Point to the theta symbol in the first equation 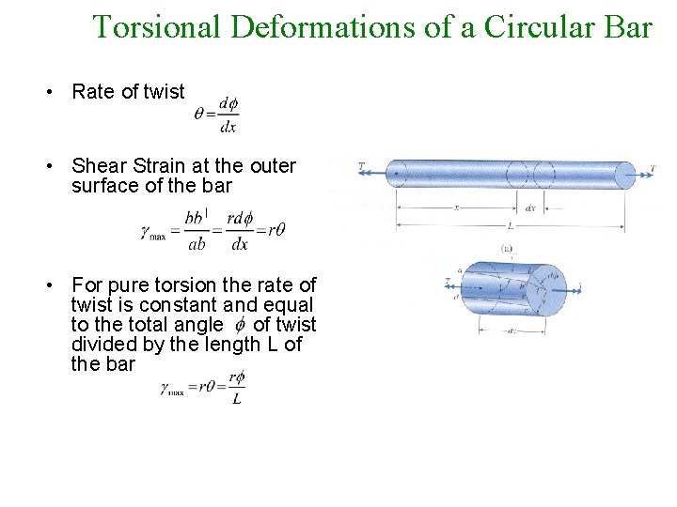point(198,114)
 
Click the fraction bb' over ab point(196,231)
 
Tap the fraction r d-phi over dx point(239,231)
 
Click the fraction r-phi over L point(236,387)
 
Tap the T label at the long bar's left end point(362,166)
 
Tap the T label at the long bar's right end point(653,170)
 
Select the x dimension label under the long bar point(456,208)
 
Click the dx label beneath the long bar point(530,207)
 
